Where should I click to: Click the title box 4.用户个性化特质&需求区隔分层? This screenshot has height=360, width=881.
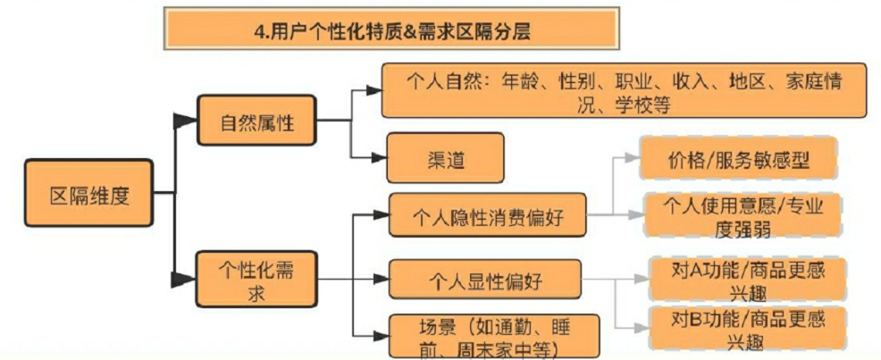click(x=391, y=29)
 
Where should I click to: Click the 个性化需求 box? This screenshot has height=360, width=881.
click(x=257, y=280)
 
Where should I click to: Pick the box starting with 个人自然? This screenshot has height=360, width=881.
click(x=624, y=90)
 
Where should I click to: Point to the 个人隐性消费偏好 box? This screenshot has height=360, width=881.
click(x=488, y=217)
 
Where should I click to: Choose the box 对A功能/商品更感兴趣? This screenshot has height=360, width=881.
click(x=747, y=280)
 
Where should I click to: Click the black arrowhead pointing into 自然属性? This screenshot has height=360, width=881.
click(x=185, y=121)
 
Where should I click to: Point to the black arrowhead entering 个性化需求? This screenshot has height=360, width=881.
click(x=185, y=279)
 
